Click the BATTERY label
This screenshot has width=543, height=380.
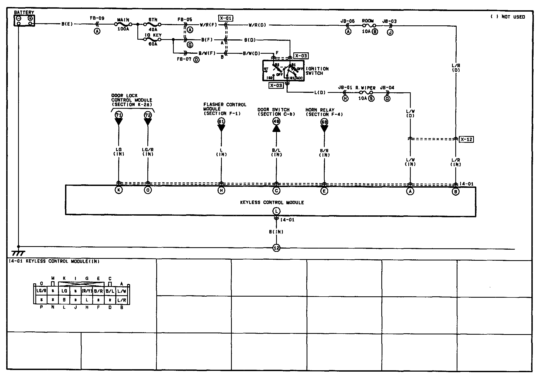24,12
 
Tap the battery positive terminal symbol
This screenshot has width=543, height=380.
30,18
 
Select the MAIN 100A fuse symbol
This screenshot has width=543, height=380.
123,24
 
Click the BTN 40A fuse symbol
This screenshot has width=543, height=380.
153,24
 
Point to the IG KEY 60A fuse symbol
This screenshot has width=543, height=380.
153,39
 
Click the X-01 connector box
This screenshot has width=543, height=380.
226,18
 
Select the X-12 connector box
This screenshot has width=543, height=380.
466,139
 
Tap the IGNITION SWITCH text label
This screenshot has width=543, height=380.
317,71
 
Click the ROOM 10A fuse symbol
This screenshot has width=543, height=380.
368,25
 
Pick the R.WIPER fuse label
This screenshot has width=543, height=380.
365,88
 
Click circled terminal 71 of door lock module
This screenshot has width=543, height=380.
119,115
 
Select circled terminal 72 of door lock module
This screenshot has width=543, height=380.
148,115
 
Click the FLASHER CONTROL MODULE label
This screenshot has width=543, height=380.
225,109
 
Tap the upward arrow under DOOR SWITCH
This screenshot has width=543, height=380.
276,129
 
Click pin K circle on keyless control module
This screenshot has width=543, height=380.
119,190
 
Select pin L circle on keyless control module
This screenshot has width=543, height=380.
276,211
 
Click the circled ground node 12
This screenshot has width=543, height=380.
276,248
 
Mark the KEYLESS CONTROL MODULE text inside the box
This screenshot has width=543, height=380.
272,202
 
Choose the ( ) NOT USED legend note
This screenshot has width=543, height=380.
507,17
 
